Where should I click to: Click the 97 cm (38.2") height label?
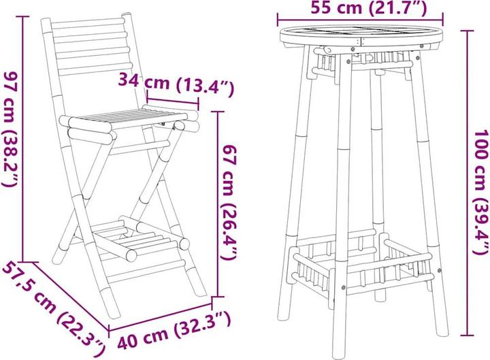pyautogui.click(x=10, y=129)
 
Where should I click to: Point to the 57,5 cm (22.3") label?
pyautogui.click(x=54, y=307)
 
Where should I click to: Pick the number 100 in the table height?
pyautogui.click(x=480, y=142)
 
